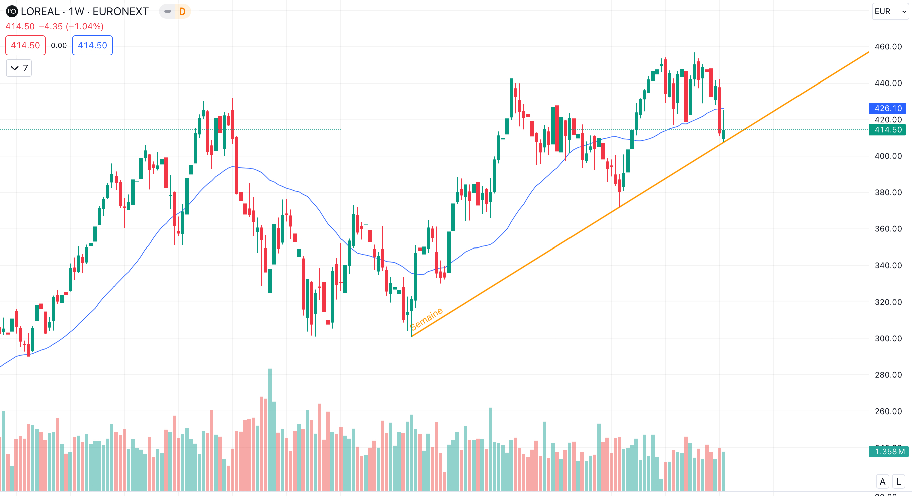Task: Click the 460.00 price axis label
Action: tap(888, 47)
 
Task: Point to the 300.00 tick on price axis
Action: tap(888, 338)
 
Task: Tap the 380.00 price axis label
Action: tap(888, 192)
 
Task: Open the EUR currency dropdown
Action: tap(890, 11)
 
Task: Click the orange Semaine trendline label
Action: tap(426, 319)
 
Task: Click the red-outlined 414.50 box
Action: tap(25, 45)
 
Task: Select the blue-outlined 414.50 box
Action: tap(92, 45)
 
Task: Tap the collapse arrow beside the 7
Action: tap(14, 68)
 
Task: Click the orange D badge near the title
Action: tap(182, 12)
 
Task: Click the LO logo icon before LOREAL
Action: tap(12, 11)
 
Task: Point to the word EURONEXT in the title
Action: tap(121, 12)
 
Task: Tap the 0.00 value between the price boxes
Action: tap(59, 46)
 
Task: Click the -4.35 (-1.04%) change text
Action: tap(71, 27)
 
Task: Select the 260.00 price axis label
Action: tap(888, 411)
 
